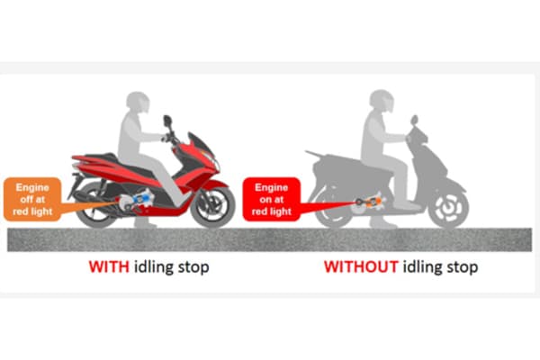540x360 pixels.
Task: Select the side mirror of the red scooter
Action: coord(167,121)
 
